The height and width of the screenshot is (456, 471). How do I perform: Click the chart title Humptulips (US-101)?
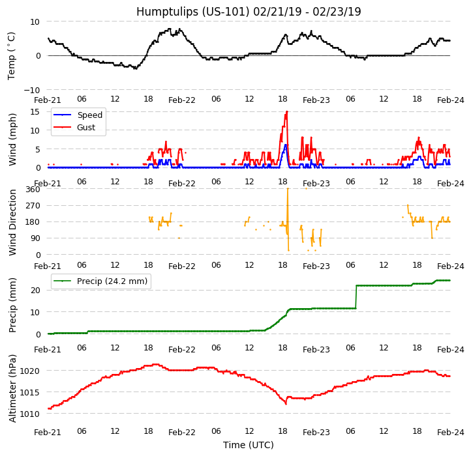click(x=249, y=12)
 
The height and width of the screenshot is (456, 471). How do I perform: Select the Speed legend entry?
click(x=89, y=115)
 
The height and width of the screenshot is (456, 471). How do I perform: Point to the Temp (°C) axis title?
click(x=12, y=55)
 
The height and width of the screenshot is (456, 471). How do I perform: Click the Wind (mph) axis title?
click(x=12, y=139)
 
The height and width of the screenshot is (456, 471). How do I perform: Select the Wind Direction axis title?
click(x=12, y=222)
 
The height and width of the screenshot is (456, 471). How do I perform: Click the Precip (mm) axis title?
click(x=12, y=305)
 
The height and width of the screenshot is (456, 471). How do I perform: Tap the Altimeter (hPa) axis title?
click(x=12, y=388)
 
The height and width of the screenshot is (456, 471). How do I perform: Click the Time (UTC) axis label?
click(x=249, y=445)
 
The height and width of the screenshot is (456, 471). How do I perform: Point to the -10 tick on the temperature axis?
click(x=33, y=90)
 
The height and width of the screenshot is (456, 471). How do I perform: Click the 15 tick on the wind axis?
click(x=36, y=112)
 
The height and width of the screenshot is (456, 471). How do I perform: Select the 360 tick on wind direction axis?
click(x=33, y=190)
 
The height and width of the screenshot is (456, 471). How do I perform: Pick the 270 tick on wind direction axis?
click(x=33, y=206)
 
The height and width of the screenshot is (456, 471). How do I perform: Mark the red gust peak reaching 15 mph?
click(x=286, y=112)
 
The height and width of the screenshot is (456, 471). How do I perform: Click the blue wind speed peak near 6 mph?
click(x=285, y=145)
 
